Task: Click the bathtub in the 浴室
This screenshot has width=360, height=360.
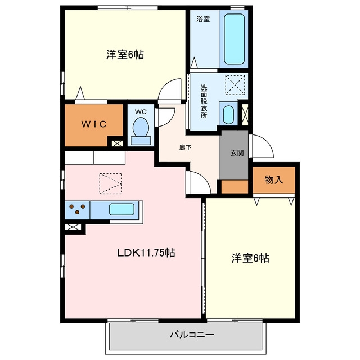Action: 234,39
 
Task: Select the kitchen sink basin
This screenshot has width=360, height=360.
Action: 121,209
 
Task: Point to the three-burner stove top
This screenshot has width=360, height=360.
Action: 78,210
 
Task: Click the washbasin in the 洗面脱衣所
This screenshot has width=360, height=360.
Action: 228,115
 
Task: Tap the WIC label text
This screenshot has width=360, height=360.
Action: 94,124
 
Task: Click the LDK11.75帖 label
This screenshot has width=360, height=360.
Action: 146,253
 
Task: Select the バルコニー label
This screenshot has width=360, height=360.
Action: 192,335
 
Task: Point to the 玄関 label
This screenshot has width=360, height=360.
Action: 237,153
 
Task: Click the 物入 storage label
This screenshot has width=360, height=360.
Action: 274,179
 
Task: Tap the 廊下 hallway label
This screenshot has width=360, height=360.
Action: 185,147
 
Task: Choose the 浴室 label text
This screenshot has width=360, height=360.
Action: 203,19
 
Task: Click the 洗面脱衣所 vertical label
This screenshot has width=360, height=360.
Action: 204,101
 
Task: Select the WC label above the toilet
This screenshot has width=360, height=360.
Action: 141,112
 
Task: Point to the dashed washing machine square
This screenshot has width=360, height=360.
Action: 235,85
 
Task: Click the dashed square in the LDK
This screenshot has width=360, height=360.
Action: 110,184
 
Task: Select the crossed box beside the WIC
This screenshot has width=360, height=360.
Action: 117,143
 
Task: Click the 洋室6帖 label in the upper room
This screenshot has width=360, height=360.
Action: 125,55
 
